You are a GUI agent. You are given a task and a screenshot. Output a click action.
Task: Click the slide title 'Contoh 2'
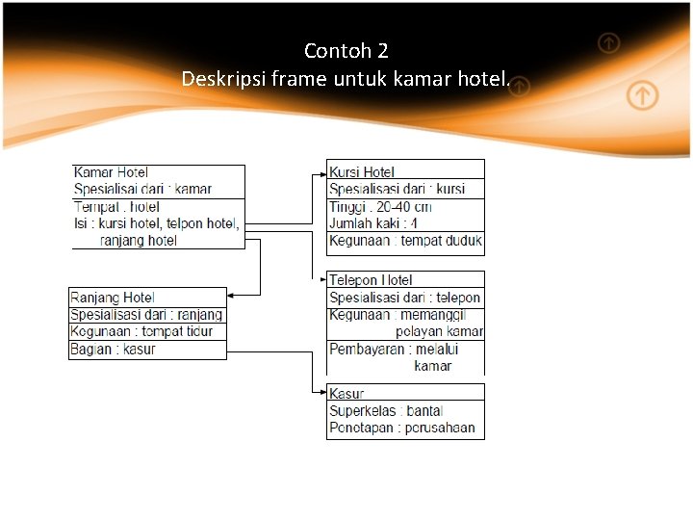point(346,50)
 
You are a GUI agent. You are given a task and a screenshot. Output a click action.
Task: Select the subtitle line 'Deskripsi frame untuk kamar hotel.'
point(346,78)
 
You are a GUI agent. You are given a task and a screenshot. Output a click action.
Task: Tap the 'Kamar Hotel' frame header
point(112,172)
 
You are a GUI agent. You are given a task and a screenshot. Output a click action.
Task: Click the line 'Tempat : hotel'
point(116,207)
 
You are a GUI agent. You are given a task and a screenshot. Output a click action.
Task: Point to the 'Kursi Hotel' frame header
point(362,172)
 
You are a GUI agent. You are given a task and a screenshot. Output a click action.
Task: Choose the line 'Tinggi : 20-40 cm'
point(380,207)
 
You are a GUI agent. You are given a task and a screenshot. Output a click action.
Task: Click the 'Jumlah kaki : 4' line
point(373,223)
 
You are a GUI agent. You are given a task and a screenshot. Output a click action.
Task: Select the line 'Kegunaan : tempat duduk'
point(405,241)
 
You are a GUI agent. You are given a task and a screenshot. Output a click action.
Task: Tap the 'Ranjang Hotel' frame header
point(113,298)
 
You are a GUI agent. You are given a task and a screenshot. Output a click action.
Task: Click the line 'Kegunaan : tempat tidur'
point(141,331)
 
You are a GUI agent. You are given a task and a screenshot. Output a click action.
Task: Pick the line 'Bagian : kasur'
point(113,349)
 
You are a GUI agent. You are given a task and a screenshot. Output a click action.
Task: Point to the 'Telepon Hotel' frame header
point(371,280)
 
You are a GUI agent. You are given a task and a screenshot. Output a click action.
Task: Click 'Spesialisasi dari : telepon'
point(404,298)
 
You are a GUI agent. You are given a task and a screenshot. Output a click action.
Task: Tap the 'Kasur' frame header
point(346,393)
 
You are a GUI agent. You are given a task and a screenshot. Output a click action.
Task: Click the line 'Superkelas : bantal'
point(386,411)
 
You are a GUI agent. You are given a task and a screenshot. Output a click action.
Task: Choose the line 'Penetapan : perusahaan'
point(402,428)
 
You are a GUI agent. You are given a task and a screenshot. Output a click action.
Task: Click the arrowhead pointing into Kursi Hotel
point(322,175)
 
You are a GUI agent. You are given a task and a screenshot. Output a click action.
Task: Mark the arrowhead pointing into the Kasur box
point(322,392)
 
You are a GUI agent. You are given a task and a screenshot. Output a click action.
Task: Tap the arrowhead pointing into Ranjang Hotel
point(233,294)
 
